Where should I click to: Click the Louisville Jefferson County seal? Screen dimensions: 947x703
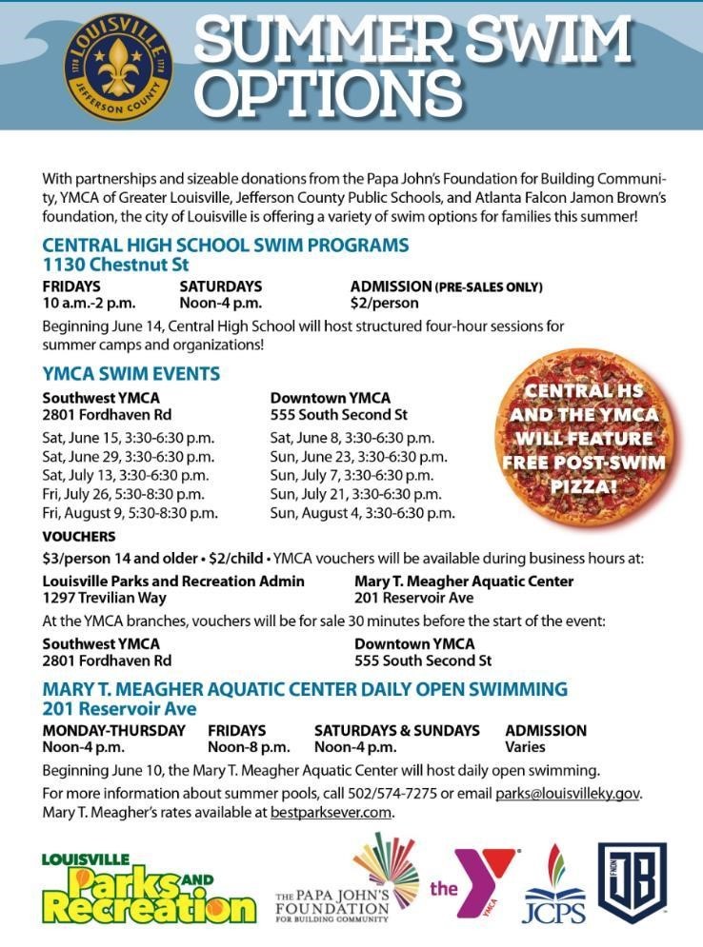118,66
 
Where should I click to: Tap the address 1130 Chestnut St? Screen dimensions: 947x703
115,264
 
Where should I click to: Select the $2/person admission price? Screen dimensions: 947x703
384,304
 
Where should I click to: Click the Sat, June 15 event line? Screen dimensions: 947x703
129,438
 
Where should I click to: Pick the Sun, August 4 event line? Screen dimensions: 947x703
362,513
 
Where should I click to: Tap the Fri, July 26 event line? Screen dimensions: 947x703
129,494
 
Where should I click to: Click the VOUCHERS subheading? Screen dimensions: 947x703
79,537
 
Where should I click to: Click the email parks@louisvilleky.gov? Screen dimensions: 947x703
568,793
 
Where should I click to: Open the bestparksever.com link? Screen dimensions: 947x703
331,812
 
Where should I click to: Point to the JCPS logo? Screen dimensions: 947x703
554,885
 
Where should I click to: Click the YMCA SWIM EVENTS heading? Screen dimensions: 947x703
131,374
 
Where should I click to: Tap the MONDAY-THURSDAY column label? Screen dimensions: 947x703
114,730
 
